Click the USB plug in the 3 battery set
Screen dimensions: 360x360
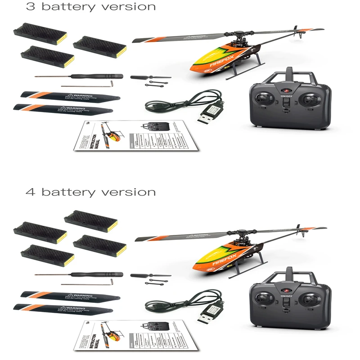pyautogui.click(x=207, y=116)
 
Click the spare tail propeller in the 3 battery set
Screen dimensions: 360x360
pyautogui.click(x=150, y=77)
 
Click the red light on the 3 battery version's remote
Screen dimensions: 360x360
pyautogui.click(x=285, y=90)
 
